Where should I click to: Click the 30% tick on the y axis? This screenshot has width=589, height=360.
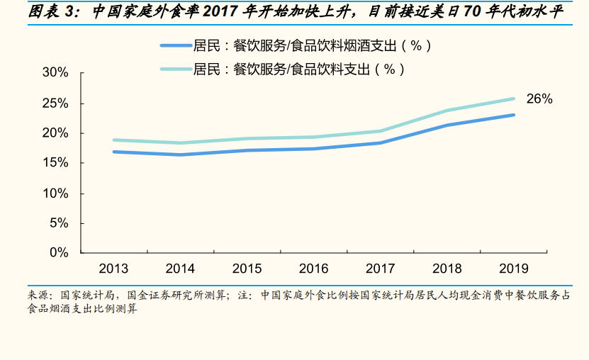pos(55,73)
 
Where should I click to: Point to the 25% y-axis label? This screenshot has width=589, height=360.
pos(55,103)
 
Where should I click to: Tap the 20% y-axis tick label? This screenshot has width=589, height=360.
pos(55,133)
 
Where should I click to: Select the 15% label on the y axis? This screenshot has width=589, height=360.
pos(55,163)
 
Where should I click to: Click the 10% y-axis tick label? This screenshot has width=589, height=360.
pos(55,193)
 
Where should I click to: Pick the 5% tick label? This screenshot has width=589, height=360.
pos(59,223)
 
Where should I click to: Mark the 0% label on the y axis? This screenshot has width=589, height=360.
pos(59,253)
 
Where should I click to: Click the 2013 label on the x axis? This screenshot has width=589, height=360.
pos(113,269)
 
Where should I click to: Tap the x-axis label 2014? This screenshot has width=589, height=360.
pos(180,269)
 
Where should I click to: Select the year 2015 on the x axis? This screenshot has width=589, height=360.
pos(247,269)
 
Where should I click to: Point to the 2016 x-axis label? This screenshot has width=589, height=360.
pos(313,269)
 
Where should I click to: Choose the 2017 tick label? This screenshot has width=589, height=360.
pos(380,269)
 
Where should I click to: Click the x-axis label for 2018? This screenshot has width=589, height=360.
pos(447,269)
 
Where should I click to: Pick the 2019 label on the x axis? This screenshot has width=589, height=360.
pos(513,269)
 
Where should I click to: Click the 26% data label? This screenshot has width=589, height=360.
pos(539,99)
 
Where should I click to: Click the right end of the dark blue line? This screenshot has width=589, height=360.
pos(513,115)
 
